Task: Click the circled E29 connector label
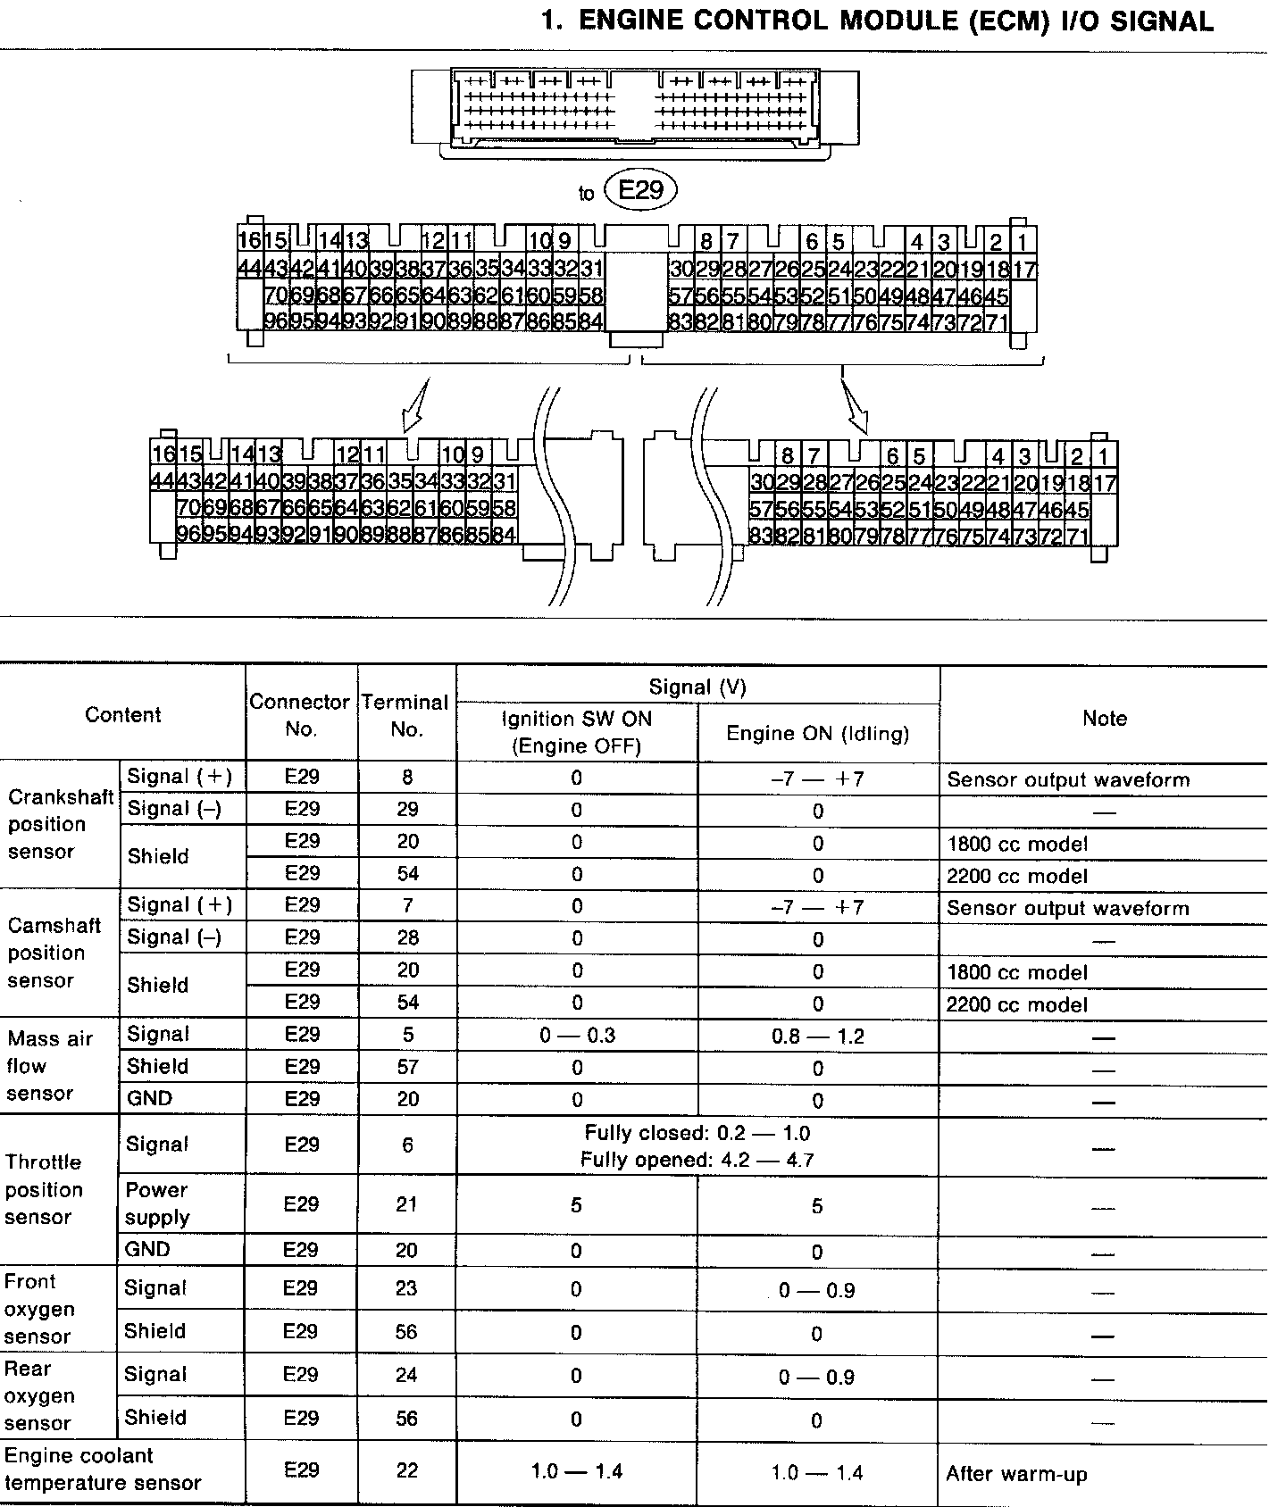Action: click(640, 190)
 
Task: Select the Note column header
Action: click(1104, 719)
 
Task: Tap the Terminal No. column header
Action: click(406, 715)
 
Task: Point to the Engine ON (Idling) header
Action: click(817, 734)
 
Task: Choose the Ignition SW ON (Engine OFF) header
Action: click(576, 733)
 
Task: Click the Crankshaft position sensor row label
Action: click(59, 824)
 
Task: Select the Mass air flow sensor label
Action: click(49, 1066)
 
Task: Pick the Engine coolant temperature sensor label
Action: click(103, 1470)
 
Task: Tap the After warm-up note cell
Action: click(1016, 1474)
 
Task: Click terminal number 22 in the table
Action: click(406, 1470)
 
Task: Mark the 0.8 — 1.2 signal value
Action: click(817, 1037)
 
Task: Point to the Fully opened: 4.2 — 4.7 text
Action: click(697, 1161)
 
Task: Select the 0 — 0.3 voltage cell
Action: click(577, 1036)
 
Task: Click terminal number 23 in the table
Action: click(406, 1288)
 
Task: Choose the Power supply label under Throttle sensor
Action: click(157, 1203)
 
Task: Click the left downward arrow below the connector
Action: click(415, 407)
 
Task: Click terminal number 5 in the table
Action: click(407, 1035)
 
